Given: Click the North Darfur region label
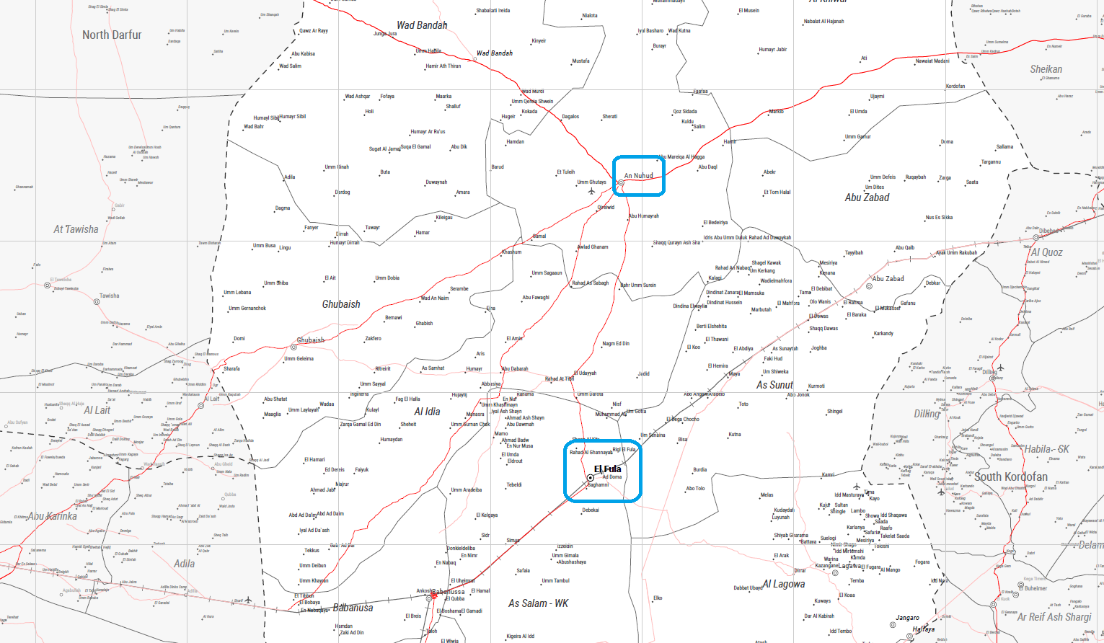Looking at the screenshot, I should (x=112, y=35).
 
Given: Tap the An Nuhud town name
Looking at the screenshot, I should (x=638, y=176).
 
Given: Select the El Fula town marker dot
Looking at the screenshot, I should (x=591, y=478).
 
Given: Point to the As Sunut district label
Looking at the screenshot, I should (x=774, y=385).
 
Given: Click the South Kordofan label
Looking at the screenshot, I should (x=1010, y=476).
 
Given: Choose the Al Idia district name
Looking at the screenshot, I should (x=427, y=412).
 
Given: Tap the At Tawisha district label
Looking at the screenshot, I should (x=76, y=229).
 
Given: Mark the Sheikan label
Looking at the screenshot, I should (x=1046, y=69).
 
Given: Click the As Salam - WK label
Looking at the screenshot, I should (x=538, y=603).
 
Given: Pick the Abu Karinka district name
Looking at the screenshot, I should (x=53, y=516).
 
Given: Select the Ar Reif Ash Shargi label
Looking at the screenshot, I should (x=1054, y=617).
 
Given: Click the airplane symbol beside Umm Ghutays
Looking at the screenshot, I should (x=591, y=192).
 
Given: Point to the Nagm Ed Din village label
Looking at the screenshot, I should (x=616, y=344).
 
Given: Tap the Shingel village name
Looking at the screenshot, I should (x=834, y=412).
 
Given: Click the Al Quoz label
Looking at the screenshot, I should (x=1046, y=252).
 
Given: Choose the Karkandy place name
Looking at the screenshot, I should (x=883, y=334).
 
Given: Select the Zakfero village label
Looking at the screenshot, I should (x=373, y=338).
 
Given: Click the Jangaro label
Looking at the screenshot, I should (x=907, y=618).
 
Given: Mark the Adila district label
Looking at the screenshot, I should (x=184, y=564).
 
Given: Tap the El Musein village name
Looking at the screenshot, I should (x=748, y=11).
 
